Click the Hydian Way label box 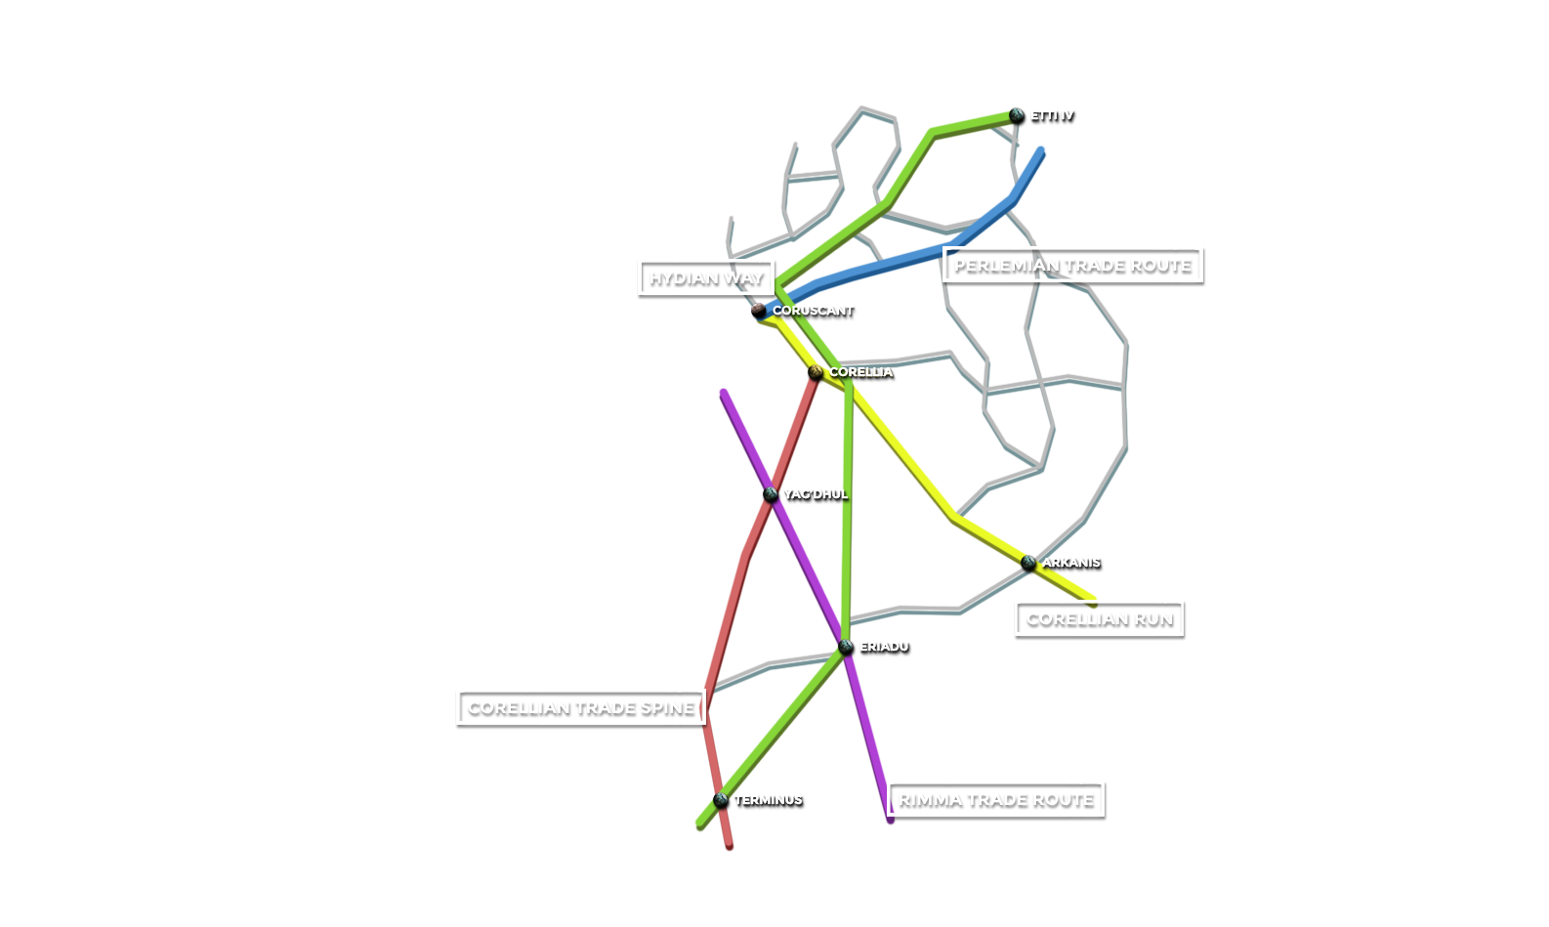[x=706, y=277]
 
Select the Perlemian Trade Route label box [x=1071, y=265]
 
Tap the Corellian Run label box [x=1099, y=618]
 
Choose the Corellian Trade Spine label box [x=580, y=707]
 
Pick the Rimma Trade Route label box [x=995, y=799]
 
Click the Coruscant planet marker [x=758, y=310]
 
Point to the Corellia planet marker [x=816, y=371]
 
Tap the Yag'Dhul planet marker [x=771, y=494]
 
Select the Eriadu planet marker [x=846, y=647]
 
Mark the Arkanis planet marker [x=1027, y=563]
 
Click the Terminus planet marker [x=721, y=800]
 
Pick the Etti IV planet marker [x=1017, y=114]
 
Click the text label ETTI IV [x=1051, y=115]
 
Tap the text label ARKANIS [x=1070, y=563]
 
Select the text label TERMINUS [x=768, y=800]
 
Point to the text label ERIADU [x=883, y=647]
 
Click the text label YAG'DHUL [x=815, y=494]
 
